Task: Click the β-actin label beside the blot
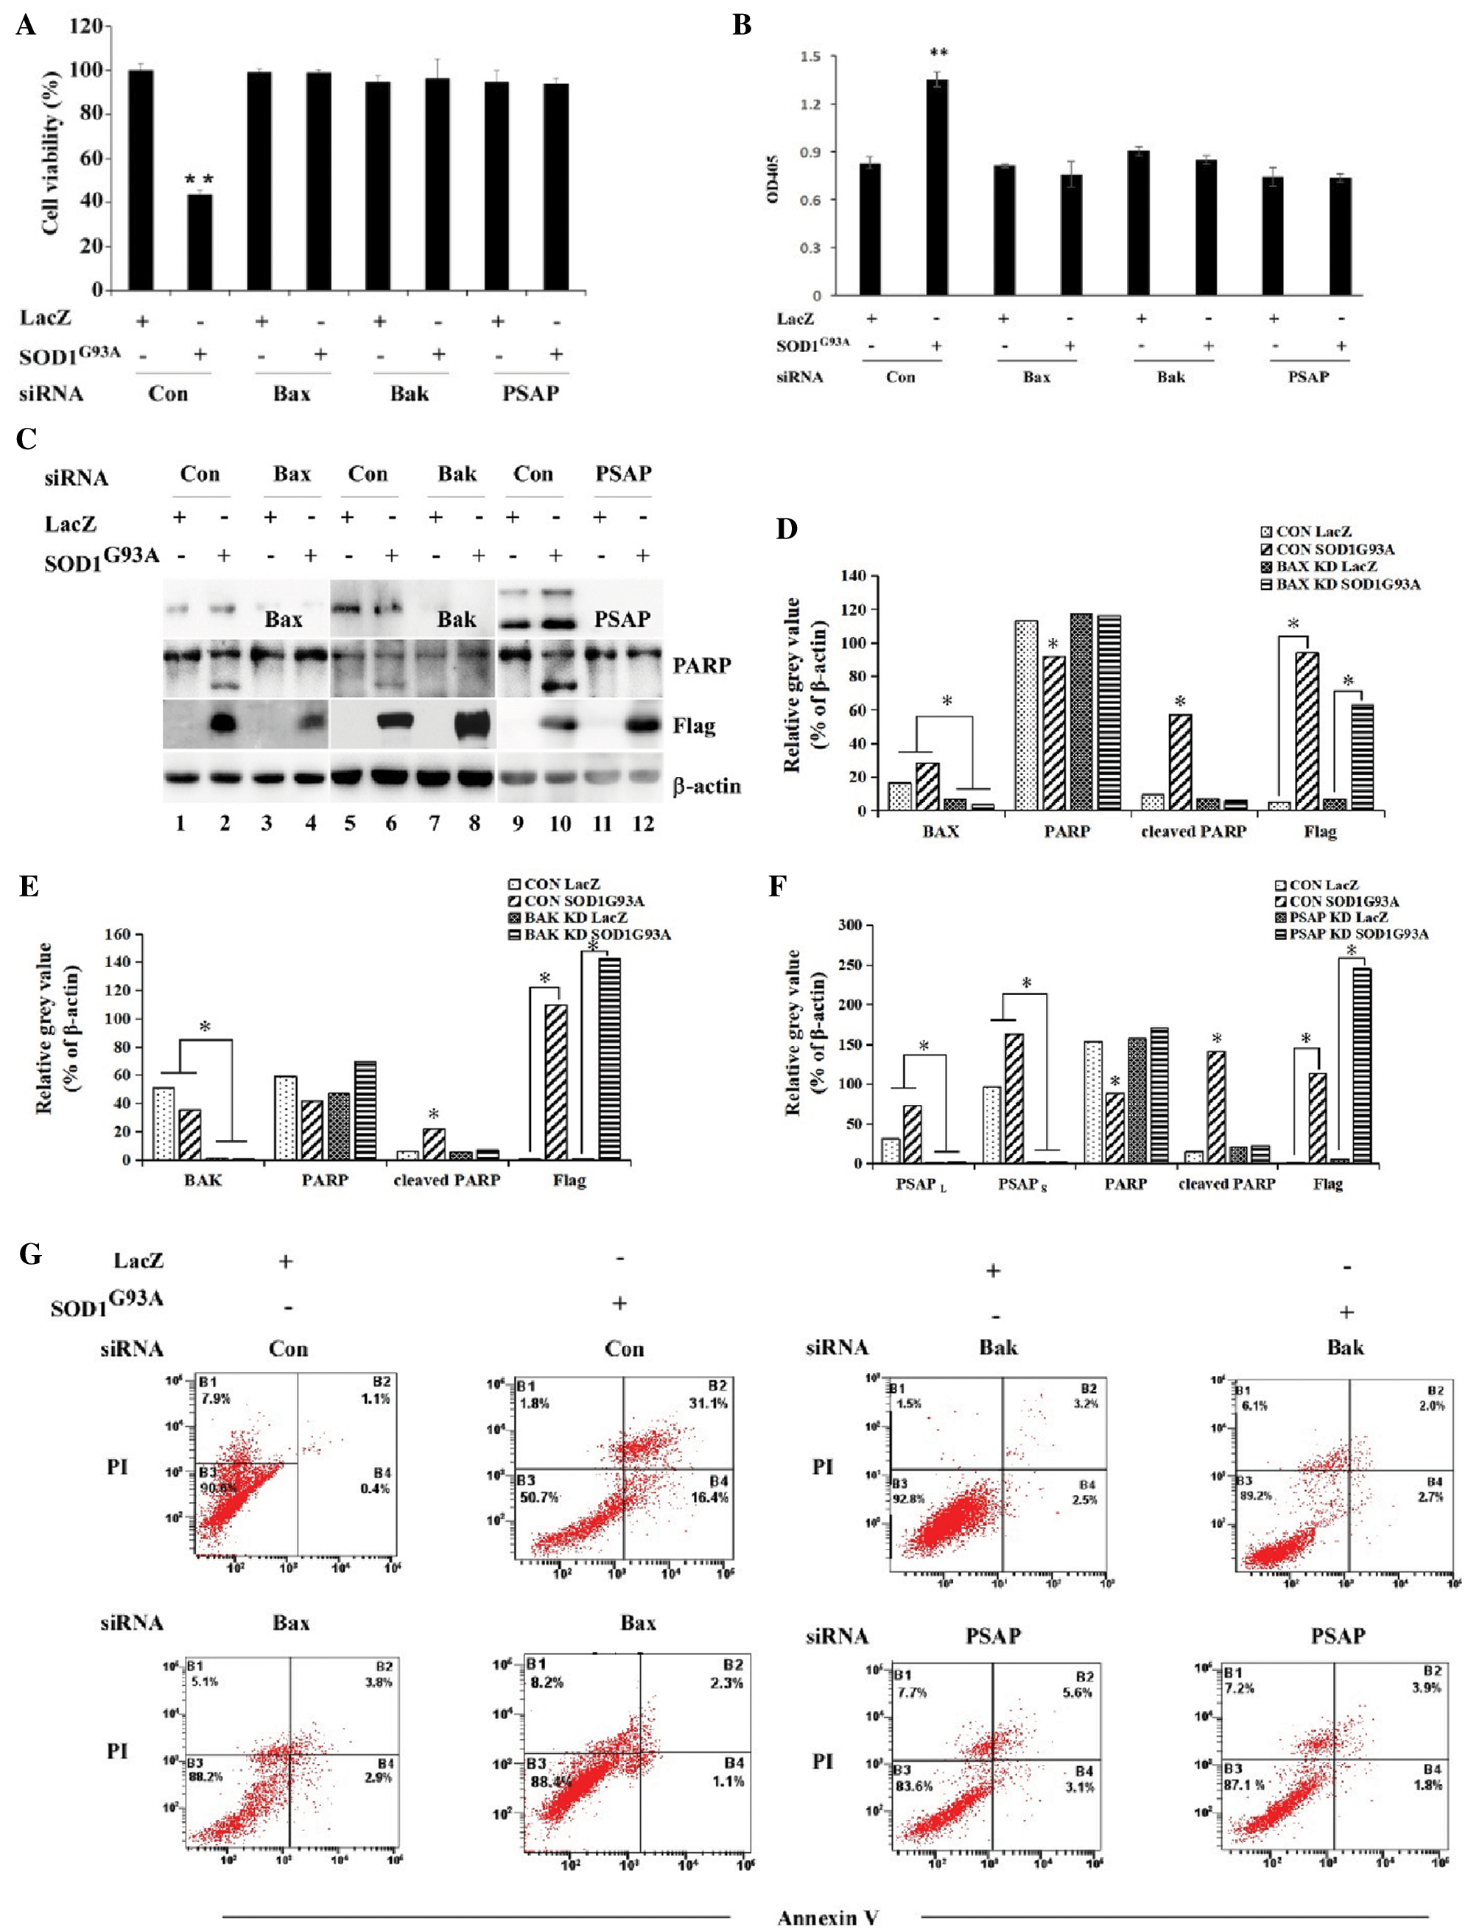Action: (706, 787)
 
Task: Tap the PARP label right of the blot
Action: (702, 666)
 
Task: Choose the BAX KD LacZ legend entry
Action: (1326, 566)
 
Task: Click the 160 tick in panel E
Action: (118, 935)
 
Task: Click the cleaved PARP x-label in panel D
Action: (1193, 831)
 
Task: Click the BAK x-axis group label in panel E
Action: (203, 1181)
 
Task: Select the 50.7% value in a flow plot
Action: (536, 1497)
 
